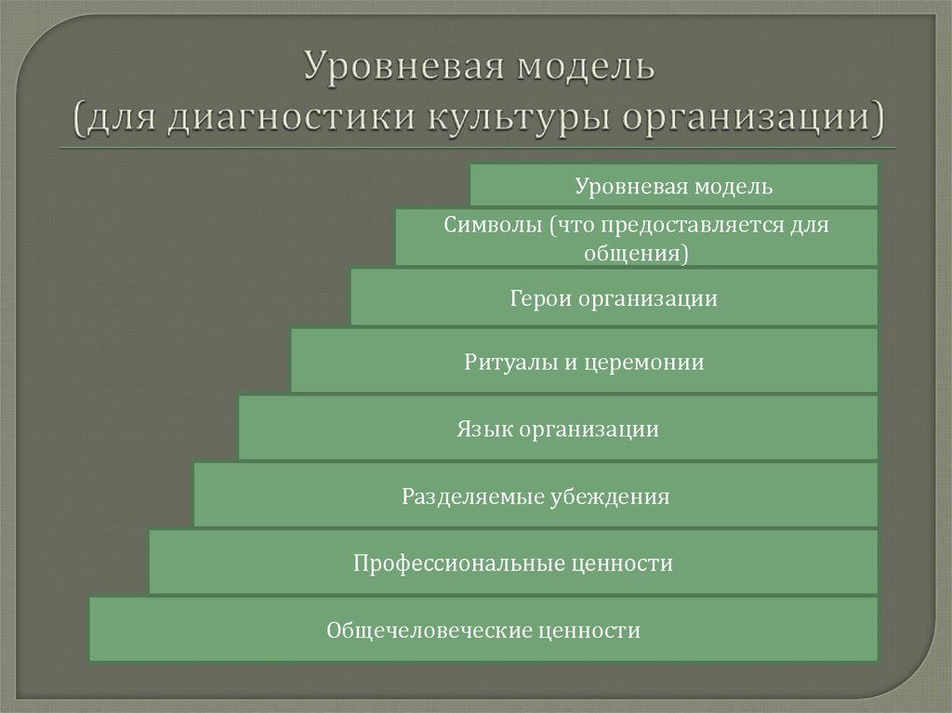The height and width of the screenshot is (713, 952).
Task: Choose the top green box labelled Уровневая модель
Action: pos(673,186)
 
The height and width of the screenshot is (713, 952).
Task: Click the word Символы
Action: pos(489,225)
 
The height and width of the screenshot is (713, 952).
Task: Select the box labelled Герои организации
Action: pos(614,298)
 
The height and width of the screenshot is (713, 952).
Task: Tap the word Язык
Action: pos(483,429)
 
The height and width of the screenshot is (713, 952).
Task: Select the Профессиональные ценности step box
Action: pos(512,562)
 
